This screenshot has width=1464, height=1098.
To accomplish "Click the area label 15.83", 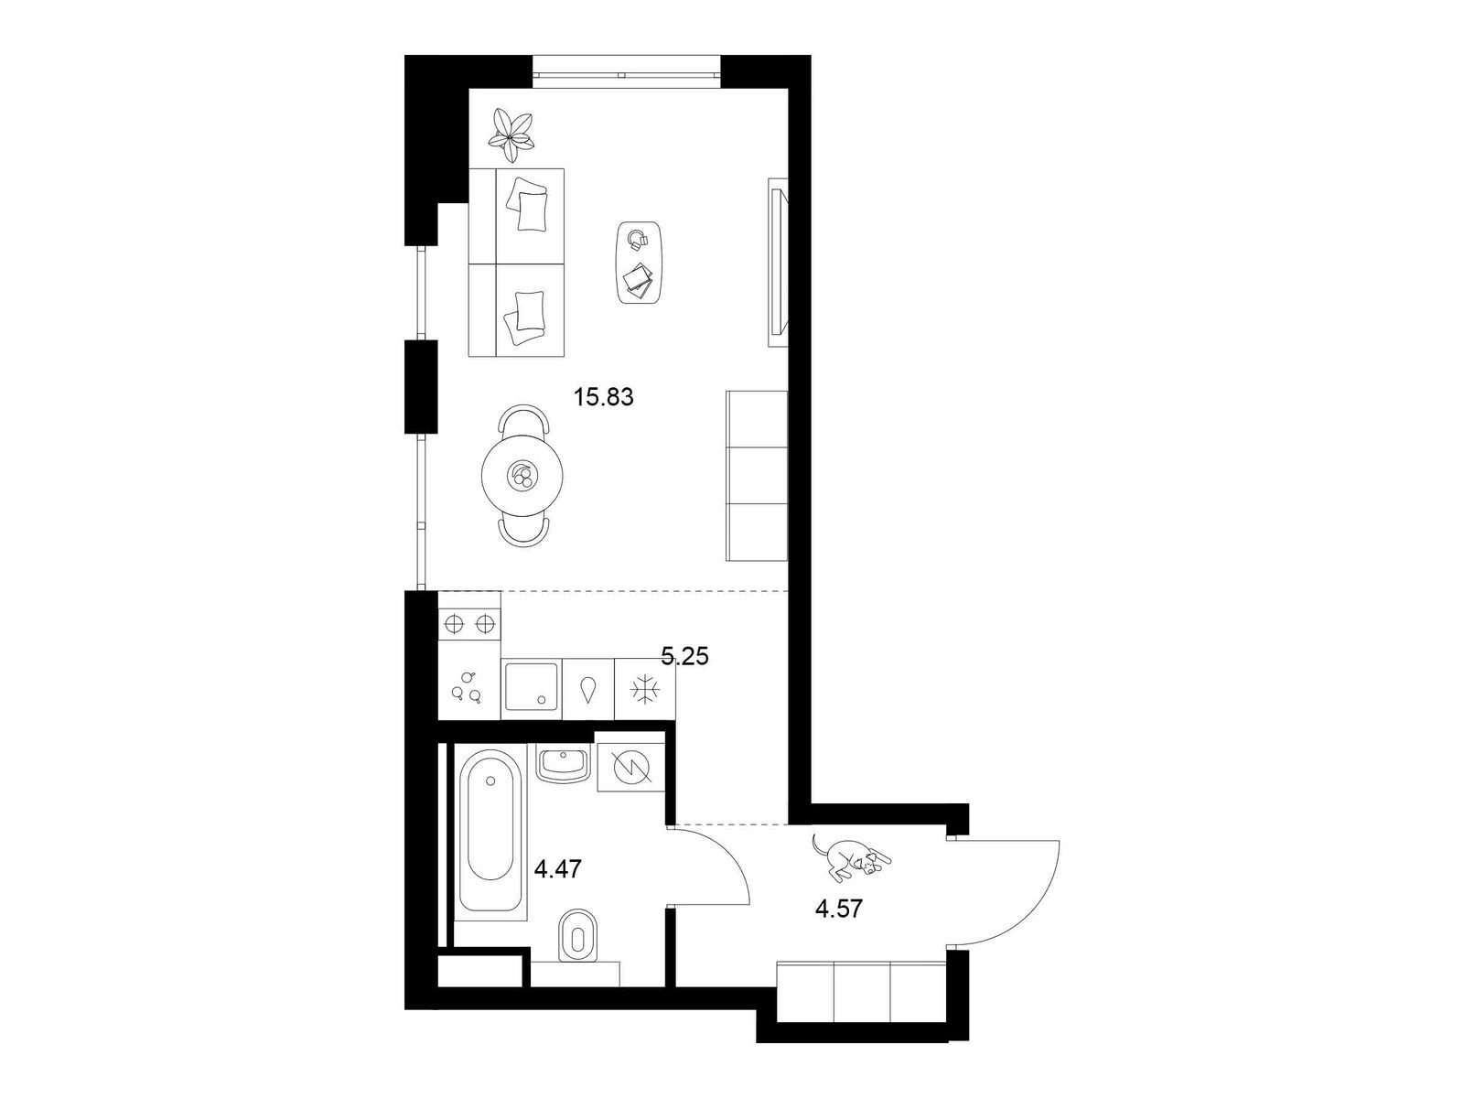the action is [603, 397].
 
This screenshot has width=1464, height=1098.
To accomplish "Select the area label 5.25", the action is [684, 657].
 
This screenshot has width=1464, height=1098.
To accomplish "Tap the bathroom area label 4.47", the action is [558, 868].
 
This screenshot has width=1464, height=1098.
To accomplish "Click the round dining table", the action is [522, 475].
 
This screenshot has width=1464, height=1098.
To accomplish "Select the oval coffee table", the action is [639, 263].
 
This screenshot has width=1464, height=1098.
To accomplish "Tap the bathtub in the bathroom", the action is [490, 833].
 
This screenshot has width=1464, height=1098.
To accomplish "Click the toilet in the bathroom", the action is [577, 936].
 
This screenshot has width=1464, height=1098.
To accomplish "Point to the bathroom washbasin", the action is [564, 765].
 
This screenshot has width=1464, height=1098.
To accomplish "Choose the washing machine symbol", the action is [631, 768].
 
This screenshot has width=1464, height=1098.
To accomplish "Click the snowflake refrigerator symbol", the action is [644, 689].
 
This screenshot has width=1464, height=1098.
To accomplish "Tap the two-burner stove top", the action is [469, 624].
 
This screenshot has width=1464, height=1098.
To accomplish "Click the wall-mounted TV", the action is [779, 262].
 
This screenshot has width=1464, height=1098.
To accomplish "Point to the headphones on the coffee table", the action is [639, 240].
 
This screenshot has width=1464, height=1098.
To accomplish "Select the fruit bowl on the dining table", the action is [522, 475].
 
